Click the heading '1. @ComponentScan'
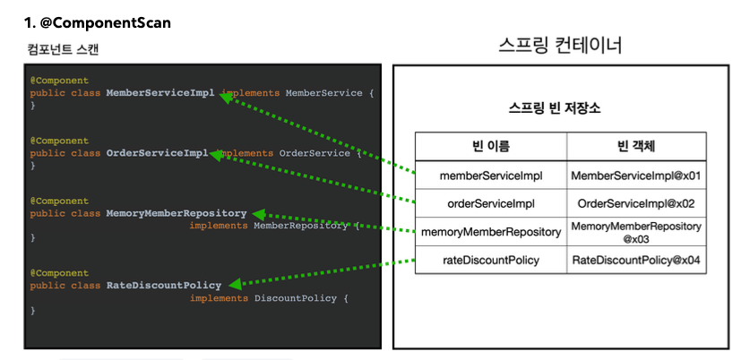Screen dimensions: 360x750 pos(98,22)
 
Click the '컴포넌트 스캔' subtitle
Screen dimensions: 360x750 pos(63,49)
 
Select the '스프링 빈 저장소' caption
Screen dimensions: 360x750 pos(554,108)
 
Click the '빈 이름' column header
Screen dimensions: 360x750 pos(491,146)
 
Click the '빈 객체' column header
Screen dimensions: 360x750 pos(636,146)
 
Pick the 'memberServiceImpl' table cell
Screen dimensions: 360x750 pos(491,176)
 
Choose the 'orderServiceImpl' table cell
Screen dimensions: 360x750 pos(491,204)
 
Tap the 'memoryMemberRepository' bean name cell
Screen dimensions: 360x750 pos(491,233)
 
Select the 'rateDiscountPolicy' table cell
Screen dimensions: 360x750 pos(491,261)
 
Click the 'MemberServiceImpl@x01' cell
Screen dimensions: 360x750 pos(636,176)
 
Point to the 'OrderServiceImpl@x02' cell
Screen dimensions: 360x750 pos(636,204)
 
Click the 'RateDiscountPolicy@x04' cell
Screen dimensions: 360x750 pos(636,261)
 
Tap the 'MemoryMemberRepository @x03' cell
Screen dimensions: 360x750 pos(636,233)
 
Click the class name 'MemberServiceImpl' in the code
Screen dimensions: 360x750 pos(160,93)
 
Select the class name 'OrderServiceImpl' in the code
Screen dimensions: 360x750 pos(157,153)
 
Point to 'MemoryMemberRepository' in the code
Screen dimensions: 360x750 pos(177,213)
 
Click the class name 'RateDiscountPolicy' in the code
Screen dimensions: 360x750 pos(164,286)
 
